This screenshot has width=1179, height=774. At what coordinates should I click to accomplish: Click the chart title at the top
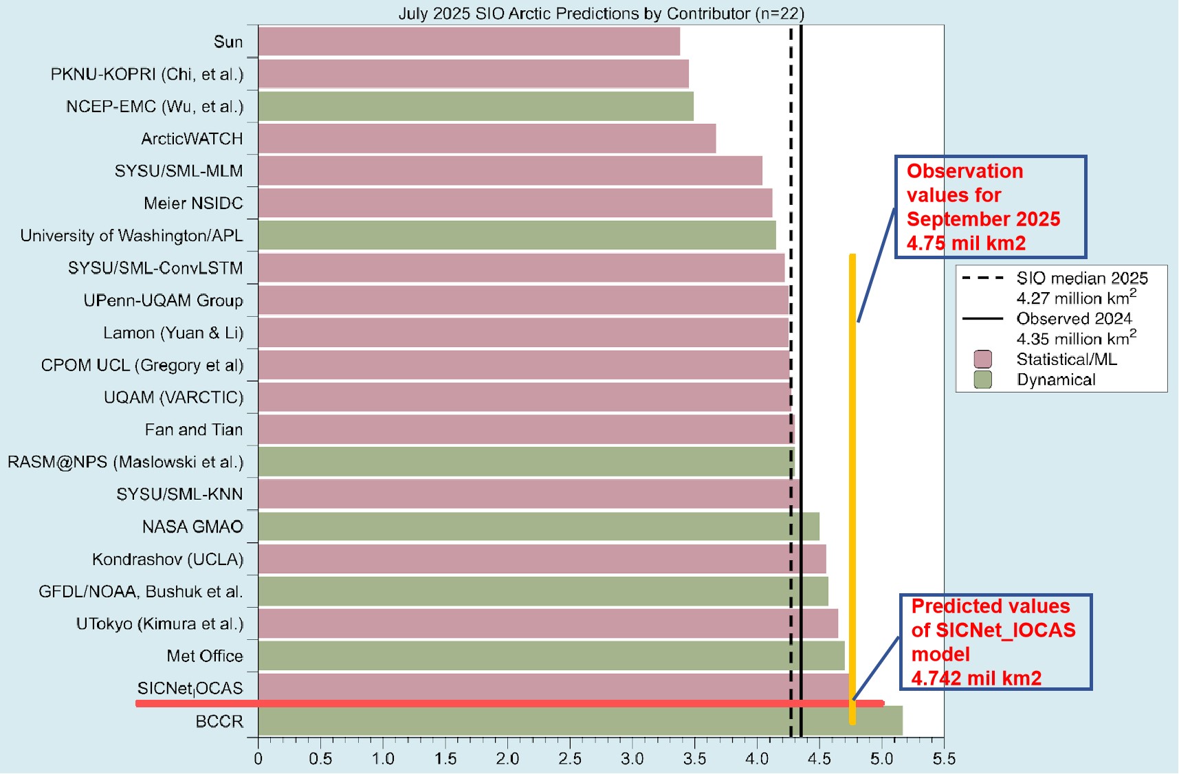point(601,13)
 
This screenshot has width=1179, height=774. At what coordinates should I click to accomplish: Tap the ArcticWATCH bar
point(487,138)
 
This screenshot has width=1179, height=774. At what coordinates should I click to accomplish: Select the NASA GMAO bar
point(538,527)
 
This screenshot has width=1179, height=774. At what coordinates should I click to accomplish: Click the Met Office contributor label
point(204,656)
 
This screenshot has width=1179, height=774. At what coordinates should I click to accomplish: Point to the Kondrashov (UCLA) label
point(168,559)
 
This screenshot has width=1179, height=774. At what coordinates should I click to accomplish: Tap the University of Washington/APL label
point(131,236)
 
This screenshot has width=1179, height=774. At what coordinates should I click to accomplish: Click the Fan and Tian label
point(193,430)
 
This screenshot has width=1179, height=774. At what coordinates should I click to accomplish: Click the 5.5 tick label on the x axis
point(944,759)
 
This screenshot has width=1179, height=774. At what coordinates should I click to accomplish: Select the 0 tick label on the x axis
point(258,759)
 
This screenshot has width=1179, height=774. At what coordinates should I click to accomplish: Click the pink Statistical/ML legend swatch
point(983,359)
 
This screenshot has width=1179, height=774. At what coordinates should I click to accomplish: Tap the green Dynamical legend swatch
point(983,379)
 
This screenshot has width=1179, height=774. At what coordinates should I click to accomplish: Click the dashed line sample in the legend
point(983,278)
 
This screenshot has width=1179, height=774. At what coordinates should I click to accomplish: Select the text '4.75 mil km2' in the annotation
point(966,243)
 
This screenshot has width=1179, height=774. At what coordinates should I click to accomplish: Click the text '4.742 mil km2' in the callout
point(976,678)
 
